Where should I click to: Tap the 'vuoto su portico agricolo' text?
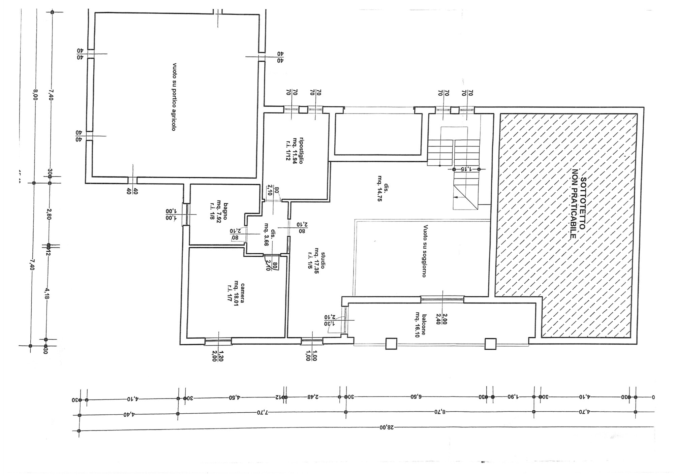point(174,97)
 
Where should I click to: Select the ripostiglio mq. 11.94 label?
point(294,150)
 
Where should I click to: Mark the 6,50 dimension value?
point(417,397)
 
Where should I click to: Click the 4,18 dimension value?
point(47,293)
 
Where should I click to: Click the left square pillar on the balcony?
point(391,344)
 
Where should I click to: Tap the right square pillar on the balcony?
point(490,344)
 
